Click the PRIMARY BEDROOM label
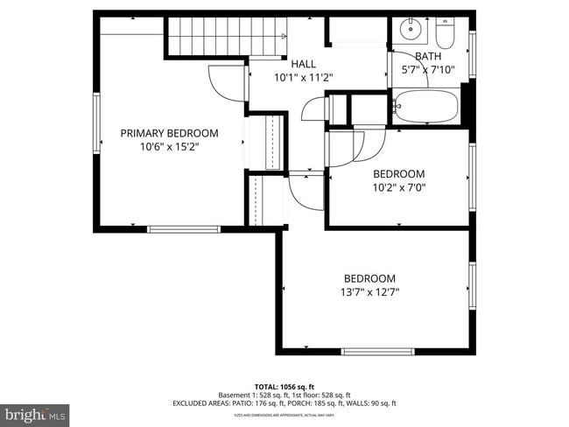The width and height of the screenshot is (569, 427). [169, 133]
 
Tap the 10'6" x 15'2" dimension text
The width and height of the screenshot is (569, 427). [169, 146]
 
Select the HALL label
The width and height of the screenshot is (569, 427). [303, 64]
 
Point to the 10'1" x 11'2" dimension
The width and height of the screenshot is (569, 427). [303, 77]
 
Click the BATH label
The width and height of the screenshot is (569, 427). [428, 56]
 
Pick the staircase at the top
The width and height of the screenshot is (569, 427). [226, 37]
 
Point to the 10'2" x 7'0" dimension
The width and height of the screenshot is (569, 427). [399, 186]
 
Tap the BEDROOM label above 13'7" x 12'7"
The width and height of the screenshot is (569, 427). [369, 278]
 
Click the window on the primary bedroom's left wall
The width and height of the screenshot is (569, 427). [97, 123]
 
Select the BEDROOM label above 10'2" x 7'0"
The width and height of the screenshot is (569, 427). [399, 173]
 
